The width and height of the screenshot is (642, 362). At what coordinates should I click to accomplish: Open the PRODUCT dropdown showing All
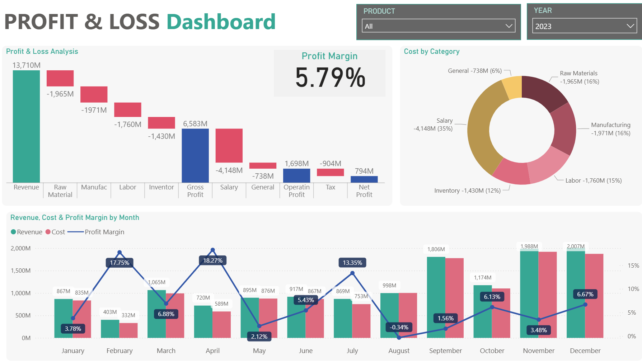point(438,26)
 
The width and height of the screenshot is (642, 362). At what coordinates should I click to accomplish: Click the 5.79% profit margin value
point(330,77)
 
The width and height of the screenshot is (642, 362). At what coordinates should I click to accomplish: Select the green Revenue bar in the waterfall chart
point(26,126)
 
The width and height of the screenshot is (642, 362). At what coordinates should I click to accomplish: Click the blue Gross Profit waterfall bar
point(195,155)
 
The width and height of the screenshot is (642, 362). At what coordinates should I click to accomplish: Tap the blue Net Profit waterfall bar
point(364,179)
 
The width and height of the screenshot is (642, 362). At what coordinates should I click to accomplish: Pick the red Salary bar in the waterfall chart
point(229,146)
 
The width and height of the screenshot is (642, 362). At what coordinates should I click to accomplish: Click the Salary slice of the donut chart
point(481,129)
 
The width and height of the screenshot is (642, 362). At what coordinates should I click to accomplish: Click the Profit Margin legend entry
point(104,232)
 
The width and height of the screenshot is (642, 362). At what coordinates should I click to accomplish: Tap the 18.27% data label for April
point(213,260)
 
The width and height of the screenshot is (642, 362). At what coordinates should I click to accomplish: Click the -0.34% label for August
point(399,327)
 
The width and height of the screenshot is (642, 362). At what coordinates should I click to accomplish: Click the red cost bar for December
point(594,296)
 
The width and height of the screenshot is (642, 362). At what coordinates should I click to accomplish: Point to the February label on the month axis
point(120,351)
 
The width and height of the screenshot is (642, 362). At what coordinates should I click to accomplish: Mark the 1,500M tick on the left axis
point(21,271)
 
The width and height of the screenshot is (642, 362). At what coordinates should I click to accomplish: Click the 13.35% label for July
point(352,263)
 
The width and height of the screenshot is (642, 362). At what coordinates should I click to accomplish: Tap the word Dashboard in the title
point(221,22)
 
